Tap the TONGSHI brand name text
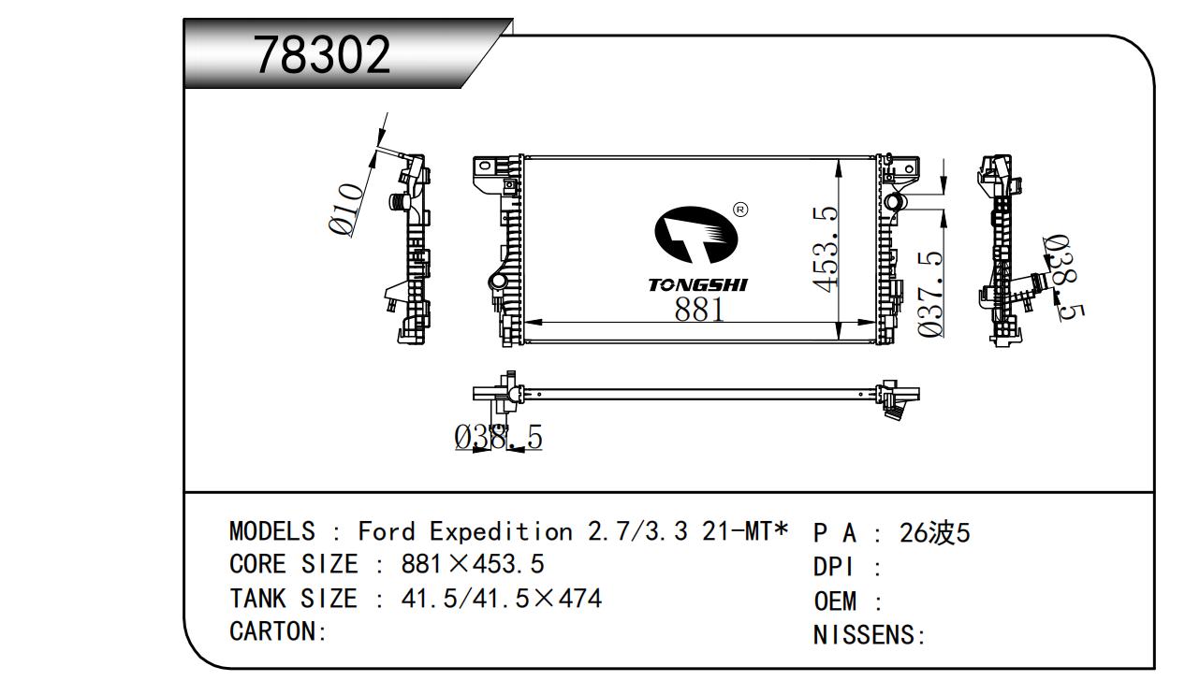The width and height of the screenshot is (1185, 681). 698,284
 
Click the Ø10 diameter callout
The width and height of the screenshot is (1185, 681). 346,210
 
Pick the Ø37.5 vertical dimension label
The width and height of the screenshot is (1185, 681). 929,294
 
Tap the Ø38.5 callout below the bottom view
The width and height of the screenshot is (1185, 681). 498,437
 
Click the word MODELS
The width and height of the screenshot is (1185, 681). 272,532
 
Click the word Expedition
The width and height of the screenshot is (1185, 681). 501,532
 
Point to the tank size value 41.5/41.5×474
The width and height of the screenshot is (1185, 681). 501,598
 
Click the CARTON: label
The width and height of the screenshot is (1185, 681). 278,631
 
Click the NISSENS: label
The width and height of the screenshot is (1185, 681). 870,636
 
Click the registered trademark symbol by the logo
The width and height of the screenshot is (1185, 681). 739,210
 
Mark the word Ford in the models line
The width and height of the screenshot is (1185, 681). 386,532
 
